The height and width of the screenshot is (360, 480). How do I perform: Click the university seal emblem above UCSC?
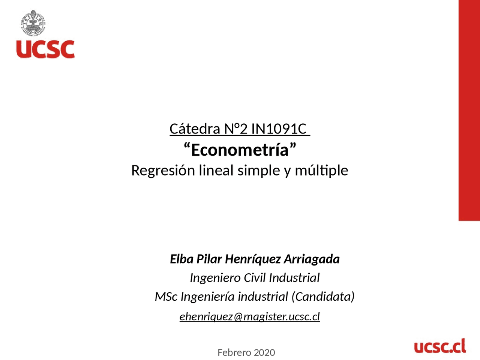(x=33, y=23)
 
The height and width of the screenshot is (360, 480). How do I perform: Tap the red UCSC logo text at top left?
(x=45, y=49)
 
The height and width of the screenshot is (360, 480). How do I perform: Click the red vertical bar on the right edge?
(x=469, y=110)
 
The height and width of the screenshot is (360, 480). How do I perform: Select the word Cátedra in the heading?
(x=195, y=129)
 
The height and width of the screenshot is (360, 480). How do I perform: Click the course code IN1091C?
(x=279, y=129)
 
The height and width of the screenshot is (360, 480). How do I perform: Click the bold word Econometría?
(x=240, y=150)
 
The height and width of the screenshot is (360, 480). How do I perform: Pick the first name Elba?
(x=181, y=259)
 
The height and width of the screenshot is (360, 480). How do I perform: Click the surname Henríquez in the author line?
(x=253, y=259)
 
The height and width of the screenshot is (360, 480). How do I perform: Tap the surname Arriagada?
(x=312, y=259)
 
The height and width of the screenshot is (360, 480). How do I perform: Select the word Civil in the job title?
(x=255, y=278)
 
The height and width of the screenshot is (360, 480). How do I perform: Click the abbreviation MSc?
(x=166, y=297)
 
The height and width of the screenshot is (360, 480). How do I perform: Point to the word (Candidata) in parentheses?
(x=323, y=297)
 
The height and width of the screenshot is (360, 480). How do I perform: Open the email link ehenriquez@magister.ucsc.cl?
(x=249, y=316)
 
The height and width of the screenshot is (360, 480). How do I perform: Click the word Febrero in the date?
(x=234, y=352)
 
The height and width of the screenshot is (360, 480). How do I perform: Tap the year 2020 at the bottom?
(x=264, y=352)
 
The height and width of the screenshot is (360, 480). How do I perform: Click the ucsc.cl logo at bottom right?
(x=440, y=346)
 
